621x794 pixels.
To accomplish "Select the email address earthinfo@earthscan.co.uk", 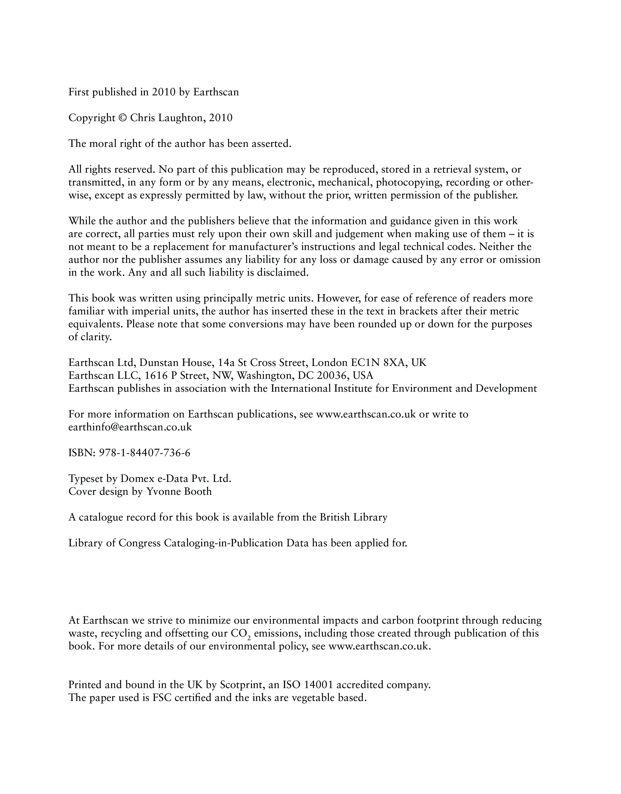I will click(130, 427).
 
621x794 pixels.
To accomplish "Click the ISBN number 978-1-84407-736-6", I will click(144, 453).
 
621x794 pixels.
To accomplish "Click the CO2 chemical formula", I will click(241, 634).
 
